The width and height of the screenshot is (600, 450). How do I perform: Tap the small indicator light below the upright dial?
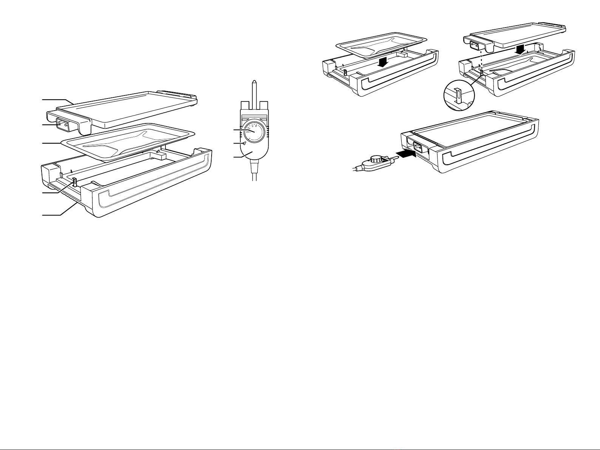coord(245,143)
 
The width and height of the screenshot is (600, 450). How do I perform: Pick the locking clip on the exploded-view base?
coord(74,182)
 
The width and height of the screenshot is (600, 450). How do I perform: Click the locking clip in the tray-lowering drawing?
coord(345,72)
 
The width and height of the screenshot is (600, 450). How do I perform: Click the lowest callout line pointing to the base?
coord(60,215)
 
